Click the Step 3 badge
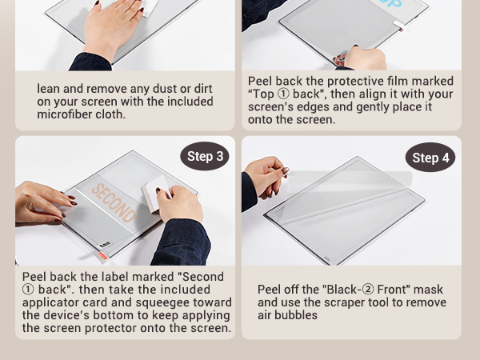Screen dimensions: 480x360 pos(205,156)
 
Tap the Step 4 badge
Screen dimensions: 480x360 pos(430,158)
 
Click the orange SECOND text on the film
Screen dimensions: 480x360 pos(114,202)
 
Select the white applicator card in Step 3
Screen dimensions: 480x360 pos(155,194)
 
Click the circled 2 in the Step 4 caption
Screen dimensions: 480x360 pos(368,290)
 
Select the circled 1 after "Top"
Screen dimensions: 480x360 pos(283,94)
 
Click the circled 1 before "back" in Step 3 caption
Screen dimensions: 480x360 pos(28,290)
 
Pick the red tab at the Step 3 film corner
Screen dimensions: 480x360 pos(103,256)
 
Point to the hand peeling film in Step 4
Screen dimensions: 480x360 pos(266,177)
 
